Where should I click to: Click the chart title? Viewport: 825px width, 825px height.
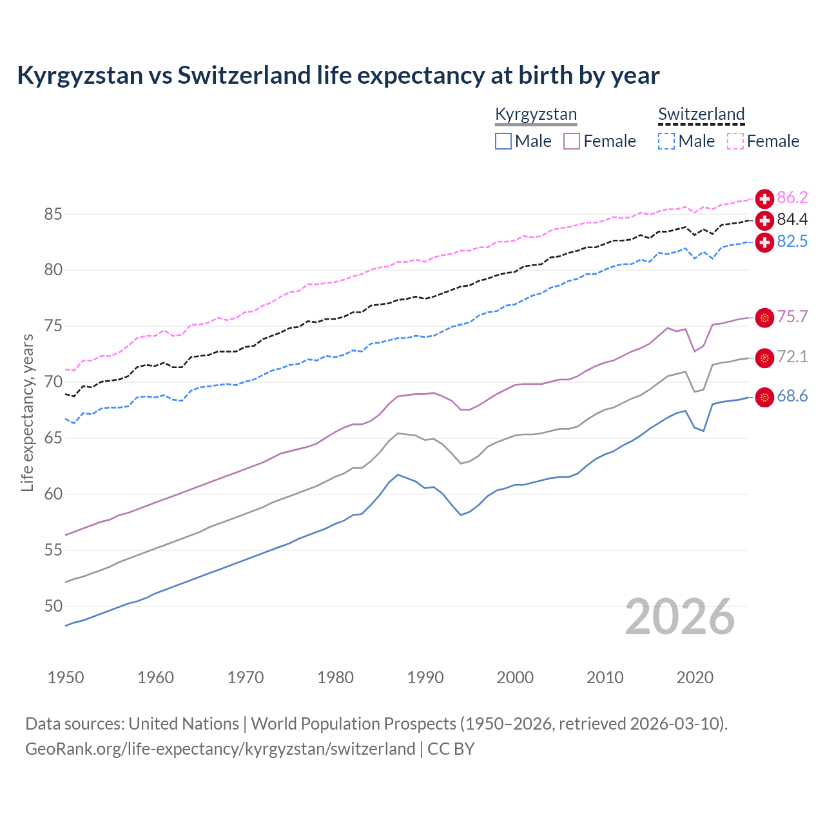tap(338, 75)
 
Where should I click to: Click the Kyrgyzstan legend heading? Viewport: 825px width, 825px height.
tap(536, 115)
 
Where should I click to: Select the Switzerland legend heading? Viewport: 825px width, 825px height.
tap(701, 115)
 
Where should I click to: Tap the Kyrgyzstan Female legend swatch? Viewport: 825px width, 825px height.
tap(572, 141)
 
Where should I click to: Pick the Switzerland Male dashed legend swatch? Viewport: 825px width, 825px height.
tap(666, 141)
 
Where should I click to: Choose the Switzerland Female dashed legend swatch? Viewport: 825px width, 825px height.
tap(735, 141)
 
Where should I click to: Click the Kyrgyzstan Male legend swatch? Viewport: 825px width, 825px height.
tap(503, 141)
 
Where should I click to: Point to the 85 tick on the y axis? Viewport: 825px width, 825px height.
tap(53, 214)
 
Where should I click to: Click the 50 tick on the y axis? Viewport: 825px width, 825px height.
tap(53, 606)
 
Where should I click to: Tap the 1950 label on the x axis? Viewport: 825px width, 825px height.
tap(66, 677)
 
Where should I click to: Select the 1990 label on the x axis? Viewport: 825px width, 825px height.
tap(425, 677)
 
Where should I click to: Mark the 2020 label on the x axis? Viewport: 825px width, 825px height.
tap(695, 677)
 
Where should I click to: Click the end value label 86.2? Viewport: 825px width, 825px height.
tap(792, 198)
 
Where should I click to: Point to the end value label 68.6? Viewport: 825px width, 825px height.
tap(792, 396)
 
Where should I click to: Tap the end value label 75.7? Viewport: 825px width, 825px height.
tap(792, 317)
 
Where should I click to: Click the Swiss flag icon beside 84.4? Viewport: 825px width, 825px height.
tap(764, 220)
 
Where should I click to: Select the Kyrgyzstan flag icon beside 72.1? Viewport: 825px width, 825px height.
tap(764, 358)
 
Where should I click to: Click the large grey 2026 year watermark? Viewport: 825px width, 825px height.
tap(680, 617)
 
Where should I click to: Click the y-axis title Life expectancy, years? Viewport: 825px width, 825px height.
tap(27, 412)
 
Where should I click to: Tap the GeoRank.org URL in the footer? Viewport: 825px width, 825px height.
tap(220, 749)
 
